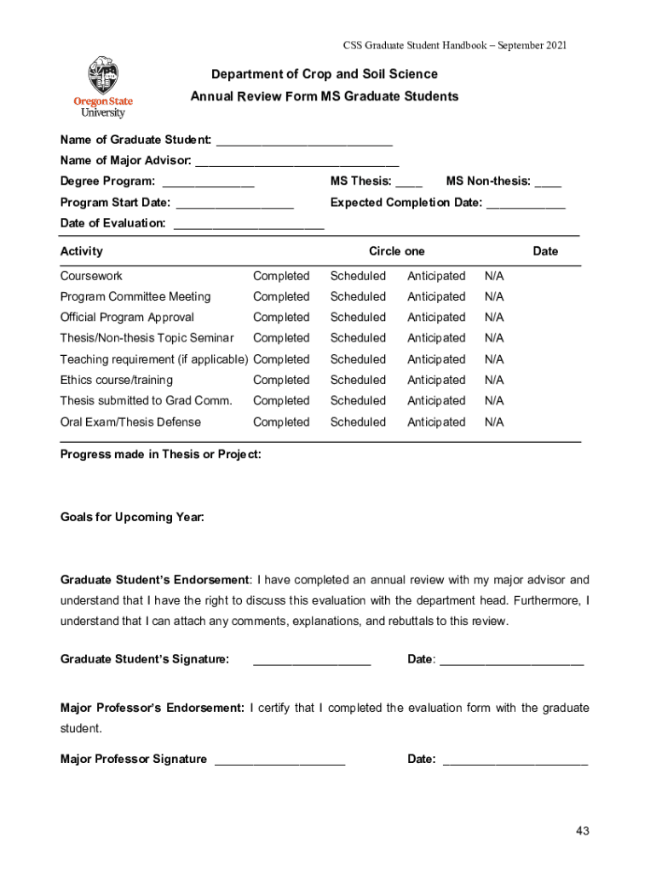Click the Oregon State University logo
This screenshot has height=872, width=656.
(103, 87)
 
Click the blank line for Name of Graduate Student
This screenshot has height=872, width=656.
(304, 141)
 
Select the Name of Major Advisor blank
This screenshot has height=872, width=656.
(297, 162)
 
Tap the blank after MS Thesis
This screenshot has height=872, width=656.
(409, 182)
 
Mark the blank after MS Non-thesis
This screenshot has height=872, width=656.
(548, 182)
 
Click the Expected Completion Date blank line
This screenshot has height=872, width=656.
(526, 204)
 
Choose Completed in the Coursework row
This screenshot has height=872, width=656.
(281, 276)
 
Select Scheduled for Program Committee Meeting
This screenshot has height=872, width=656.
(358, 296)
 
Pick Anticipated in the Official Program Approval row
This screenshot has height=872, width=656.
(436, 318)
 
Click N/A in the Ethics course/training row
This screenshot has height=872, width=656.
(494, 380)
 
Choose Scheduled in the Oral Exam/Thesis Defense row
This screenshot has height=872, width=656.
(358, 422)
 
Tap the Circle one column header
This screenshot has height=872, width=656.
(396, 251)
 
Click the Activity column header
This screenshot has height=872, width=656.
(82, 251)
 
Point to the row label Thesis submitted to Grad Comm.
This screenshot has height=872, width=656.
(146, 401)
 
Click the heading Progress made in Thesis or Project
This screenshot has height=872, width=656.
(160, 455)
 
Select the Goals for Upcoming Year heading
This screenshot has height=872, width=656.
(132, 518)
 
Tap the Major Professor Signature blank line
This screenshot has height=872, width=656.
(280, 760)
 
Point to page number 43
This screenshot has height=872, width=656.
(582, 831)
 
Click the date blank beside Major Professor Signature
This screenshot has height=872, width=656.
(515, 760)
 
